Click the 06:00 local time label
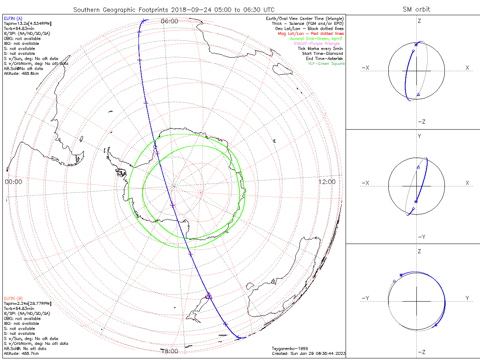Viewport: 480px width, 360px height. [169, 21]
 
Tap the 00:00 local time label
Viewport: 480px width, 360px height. [14, 182]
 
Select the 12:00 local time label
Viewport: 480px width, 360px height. [327, 182]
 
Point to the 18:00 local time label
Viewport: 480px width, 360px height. [169, 351]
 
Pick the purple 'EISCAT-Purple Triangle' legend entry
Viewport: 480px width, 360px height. [317, 43]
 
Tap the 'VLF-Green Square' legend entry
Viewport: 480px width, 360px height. [326, 64]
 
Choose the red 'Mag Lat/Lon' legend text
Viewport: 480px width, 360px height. [311, 34]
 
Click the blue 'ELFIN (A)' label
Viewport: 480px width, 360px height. [13, 18]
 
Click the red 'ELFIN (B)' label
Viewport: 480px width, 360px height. [13, 298]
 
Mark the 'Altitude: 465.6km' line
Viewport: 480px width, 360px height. [21, 74]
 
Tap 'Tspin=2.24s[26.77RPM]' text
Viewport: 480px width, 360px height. [28, 304]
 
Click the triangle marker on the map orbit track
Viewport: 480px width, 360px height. [209, 296]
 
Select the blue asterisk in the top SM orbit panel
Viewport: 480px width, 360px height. [416, 44]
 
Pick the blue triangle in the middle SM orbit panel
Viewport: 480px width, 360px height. [418, 167]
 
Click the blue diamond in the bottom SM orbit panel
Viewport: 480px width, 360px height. [394, 282]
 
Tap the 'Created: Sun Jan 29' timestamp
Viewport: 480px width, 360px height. [308, 354]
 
